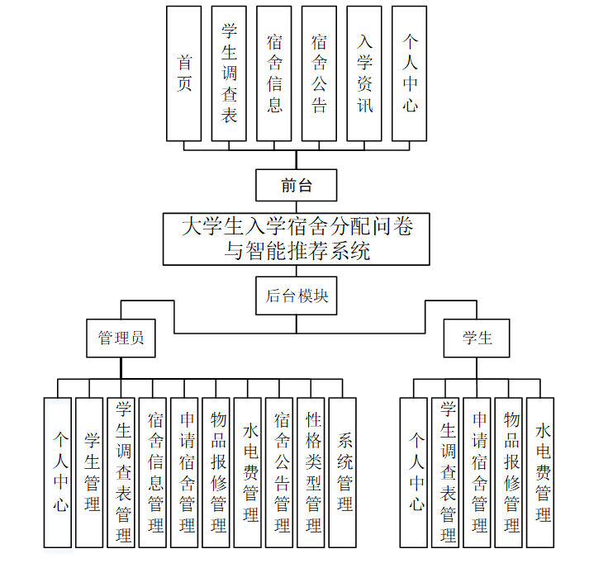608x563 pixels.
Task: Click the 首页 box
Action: (184, 73)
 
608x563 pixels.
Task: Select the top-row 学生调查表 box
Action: (229, 73)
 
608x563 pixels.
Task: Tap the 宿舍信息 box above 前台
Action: (274, 73)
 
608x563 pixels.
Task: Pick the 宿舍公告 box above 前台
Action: (319, 73)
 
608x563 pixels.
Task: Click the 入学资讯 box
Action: (364, 73)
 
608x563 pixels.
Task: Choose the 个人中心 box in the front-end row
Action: (410, 73)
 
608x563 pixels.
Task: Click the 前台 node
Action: (297, 185)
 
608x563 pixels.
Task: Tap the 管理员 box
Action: (121, 338)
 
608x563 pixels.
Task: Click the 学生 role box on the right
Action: (477, 338)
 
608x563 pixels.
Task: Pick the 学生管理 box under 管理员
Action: (89, 472)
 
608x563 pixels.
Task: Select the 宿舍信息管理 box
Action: (153, 472)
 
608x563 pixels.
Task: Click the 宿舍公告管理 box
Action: (279, 472)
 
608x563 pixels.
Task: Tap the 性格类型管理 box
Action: (311, 472)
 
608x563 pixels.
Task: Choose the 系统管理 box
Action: (343, 472)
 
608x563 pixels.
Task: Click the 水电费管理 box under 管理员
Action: (248, 472)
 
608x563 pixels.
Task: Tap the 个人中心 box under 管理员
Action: (58, 472)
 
